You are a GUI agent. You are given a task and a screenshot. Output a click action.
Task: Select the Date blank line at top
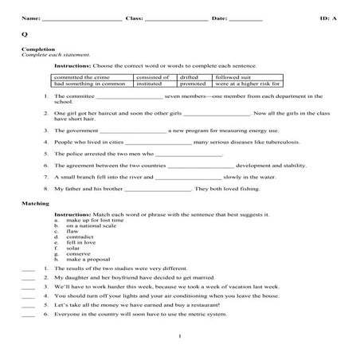click(x=245, y=18)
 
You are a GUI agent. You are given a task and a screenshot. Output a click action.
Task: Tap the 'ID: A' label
click(x=328, y=17)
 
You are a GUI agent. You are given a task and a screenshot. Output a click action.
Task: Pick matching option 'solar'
click(x=74, y=248)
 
